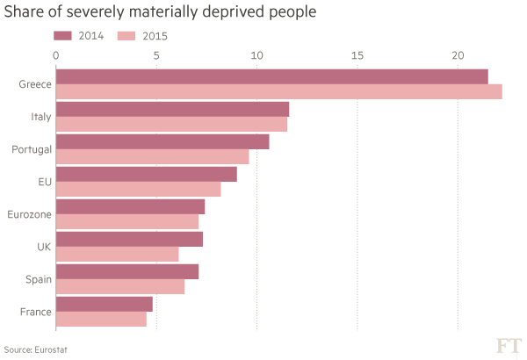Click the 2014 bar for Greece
coord(272,76)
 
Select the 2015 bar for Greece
coord(279,91)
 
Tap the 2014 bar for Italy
coord(173,109)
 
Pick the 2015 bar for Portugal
coord(153,156)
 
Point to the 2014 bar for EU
coord(147,174)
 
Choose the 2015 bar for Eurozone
coord(128,221)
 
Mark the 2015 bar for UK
coord(118,254)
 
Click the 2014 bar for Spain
coord(128,270)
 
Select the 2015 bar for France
coord(102,319)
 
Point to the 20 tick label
coord(458,55)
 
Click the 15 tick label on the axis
coord(357,55)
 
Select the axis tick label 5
coord(156,55)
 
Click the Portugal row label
coord(32,149)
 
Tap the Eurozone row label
coord(30,214)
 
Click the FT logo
coord(509,345)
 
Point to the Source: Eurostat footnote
coord(36,349)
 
